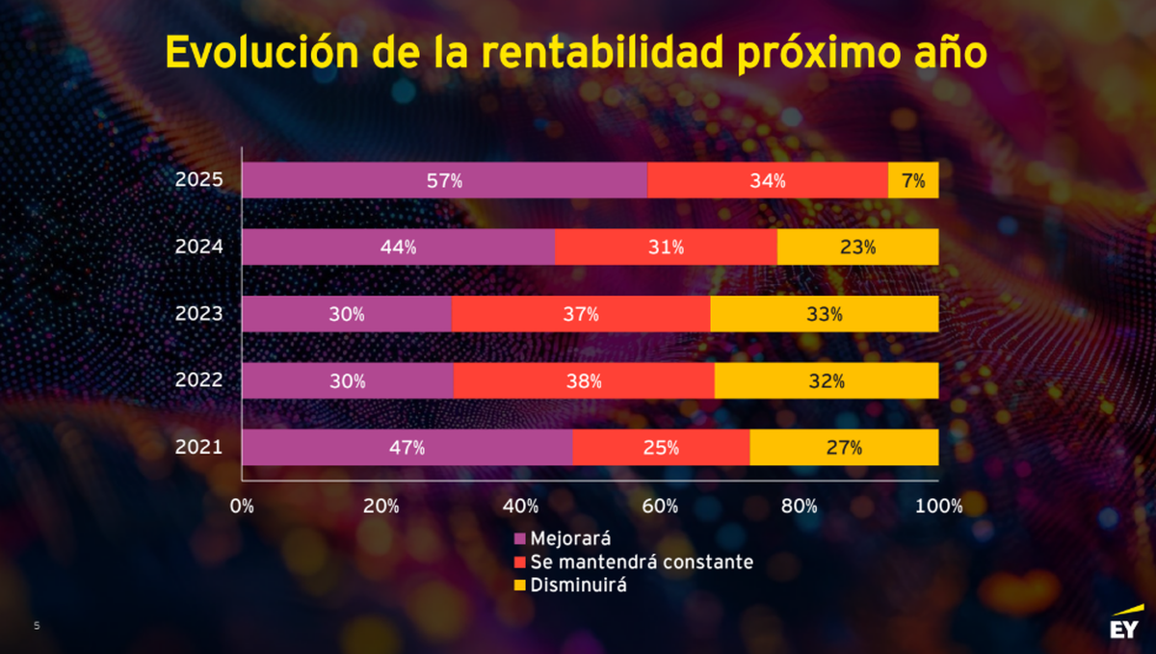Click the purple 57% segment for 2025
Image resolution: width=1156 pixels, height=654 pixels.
point(444,180)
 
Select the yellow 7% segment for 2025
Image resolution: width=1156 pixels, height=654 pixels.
point(913,180)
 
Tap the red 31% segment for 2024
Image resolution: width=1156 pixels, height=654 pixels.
point(666,247)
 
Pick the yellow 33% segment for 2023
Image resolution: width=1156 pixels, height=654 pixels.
point(824,314)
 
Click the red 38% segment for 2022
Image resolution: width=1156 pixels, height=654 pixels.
point(584,380)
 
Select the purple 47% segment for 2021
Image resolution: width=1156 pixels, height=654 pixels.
point(407,448)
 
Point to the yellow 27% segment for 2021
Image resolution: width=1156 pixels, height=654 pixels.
point(844,448)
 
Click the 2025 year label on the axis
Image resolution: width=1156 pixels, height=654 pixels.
point(199,180)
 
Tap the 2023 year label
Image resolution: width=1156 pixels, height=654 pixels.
point(199,313)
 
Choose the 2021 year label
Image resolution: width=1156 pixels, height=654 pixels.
point(199,447)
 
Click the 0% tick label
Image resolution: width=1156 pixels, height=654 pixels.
point(242,507)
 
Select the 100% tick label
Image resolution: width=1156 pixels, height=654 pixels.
point(938,507)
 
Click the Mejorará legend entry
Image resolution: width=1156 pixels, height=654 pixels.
point(570,538)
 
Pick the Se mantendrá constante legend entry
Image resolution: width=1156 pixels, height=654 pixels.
point(633,562)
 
